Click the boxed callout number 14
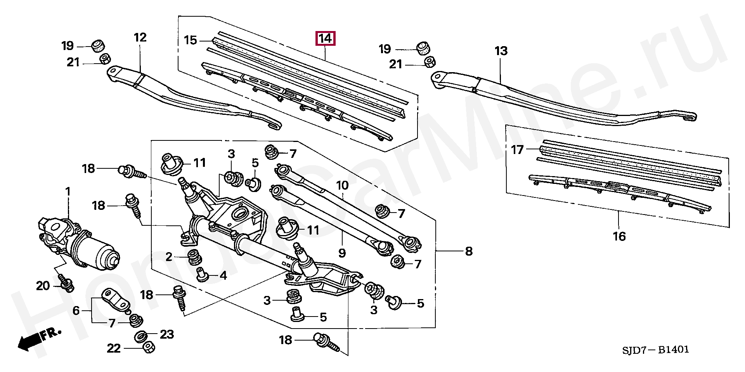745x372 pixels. [325, 39]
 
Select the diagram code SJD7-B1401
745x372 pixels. [655, 350]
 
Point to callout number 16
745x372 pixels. [619, 236]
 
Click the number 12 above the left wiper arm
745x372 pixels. [140, 37]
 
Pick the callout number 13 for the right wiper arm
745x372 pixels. [501, 51]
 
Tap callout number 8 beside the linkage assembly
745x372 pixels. [469, 251]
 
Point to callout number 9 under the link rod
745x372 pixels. [342, 253]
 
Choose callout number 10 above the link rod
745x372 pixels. [342, 185]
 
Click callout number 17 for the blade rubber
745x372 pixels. [517, 149]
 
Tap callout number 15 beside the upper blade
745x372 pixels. [190, 40]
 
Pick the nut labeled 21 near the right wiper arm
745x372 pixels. [430, 62]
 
